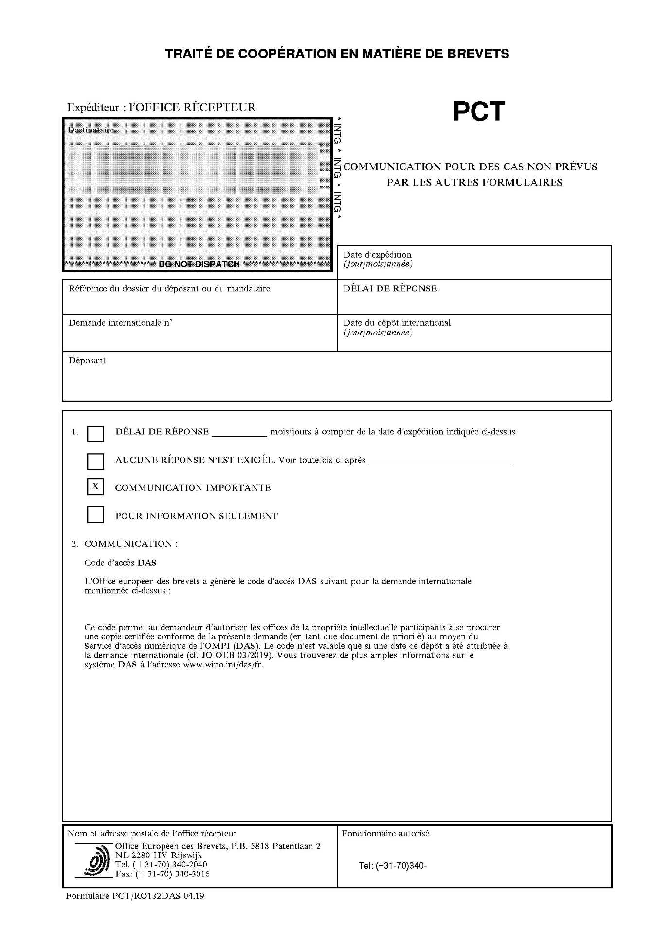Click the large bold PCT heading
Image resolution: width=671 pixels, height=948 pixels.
pos(479,112)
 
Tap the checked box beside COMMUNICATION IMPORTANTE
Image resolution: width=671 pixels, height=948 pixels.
pos(95,487)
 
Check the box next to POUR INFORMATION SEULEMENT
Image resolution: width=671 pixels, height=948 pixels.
pos(95,515)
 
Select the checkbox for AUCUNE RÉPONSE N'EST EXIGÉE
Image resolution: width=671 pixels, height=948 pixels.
pos(95,461)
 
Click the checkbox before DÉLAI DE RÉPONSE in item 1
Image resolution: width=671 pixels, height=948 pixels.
pos(95,433)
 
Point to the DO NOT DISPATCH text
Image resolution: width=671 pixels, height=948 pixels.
pos(199,264)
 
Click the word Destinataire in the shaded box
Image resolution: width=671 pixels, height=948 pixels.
pos(91,130)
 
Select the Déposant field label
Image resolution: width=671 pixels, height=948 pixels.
pos(87,361)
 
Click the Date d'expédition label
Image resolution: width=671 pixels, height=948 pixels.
pos(377,255)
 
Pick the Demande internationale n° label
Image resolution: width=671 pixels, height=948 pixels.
pos(120,323)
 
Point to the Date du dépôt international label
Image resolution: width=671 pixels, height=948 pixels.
pos(397,323)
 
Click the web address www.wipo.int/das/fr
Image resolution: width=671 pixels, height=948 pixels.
pos(222,665)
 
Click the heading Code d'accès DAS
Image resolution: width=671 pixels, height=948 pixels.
pos(120,563)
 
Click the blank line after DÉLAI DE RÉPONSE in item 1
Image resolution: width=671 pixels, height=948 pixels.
pos(239,432)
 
